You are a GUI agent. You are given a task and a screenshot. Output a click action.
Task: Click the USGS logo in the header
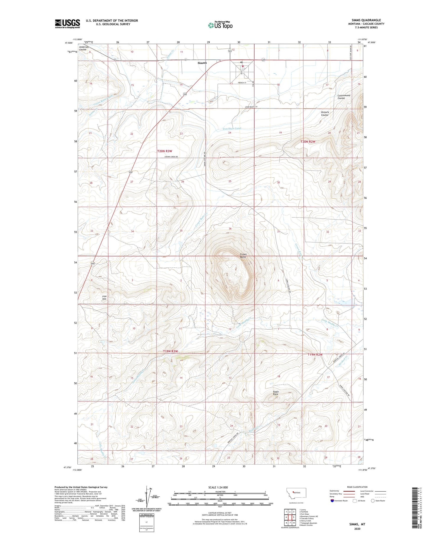67,24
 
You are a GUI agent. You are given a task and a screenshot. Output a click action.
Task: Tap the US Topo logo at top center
220,25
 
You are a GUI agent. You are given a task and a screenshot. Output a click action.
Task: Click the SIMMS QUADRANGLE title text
366,20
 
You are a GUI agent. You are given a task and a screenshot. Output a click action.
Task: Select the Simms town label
202,63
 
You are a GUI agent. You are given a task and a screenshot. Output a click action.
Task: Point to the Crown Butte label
243,256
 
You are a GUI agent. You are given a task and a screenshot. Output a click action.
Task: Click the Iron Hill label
104,297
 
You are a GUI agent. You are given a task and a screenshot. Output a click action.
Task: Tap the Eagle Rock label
275,393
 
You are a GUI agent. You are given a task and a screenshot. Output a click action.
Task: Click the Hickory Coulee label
325,113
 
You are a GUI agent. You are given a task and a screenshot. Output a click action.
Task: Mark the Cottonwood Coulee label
344,97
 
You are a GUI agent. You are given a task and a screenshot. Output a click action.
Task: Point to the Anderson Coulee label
84,48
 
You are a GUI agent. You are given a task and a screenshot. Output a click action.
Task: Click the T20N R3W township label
165,151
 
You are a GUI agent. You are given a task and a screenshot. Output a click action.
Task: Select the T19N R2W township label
315,354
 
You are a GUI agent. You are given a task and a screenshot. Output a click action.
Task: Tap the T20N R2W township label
308,142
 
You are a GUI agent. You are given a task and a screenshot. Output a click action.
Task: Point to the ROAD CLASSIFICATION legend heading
357,487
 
